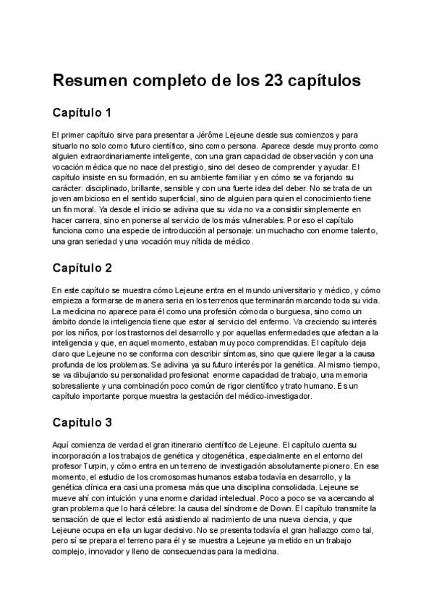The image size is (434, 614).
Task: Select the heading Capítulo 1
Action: coord(82,113)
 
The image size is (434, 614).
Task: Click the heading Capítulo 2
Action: coord(82,268)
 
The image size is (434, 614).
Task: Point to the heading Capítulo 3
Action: coord(82,422)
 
